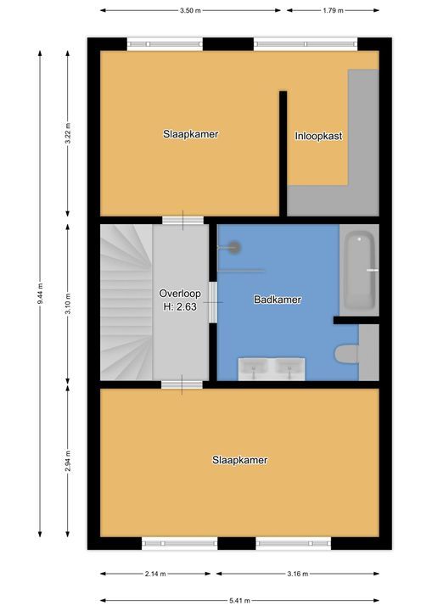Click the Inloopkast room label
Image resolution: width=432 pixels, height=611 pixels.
click(x=318, y=136)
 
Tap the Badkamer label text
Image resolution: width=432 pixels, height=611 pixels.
click(x=278, y=300)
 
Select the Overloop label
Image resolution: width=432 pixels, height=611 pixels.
click(x=179, y=294)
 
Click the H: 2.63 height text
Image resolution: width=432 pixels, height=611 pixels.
click(x=179, y=307)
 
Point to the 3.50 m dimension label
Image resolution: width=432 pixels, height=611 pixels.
click(x=190, y=11)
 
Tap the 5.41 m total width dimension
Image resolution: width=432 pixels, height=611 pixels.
click(x=239, y=599)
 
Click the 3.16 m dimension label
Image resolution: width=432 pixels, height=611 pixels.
click(x=297, y=573)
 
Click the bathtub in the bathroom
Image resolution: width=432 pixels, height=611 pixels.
click(x=359, y=272)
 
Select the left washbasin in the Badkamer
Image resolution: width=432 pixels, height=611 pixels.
click(x=254, y=367)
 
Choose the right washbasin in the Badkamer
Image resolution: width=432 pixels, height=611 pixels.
click(x=290, y=367)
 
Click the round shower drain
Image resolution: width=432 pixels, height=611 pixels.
click(x=234, y=247)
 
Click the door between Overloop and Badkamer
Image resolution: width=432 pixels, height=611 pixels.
click(x=213, y=302)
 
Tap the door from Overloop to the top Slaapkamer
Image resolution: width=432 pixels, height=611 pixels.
click(x=182, y=221)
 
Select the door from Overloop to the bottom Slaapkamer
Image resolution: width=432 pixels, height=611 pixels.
click(x=182, y=384)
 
